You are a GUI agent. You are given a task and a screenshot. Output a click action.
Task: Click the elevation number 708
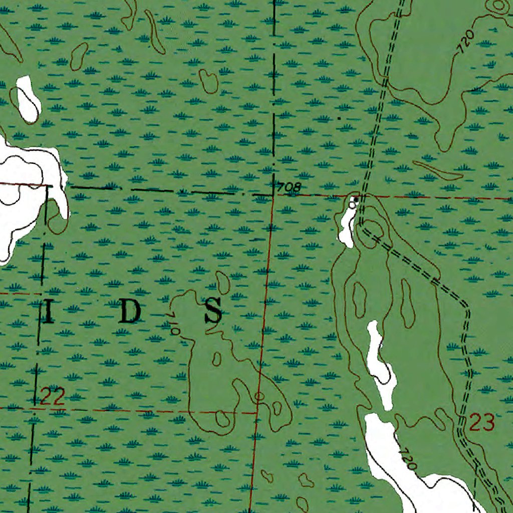pos(289,188)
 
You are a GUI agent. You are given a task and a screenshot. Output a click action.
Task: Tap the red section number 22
pos(52,398)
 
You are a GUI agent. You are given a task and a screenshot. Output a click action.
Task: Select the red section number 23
pos(482,422)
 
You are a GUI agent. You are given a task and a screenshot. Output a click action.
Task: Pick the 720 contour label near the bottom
pos(408,459)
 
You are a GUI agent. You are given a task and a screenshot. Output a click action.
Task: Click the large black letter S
pos(213,311)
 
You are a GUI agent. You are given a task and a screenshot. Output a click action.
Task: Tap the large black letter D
pos(130,312)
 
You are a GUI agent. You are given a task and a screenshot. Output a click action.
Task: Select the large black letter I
pos(49,312)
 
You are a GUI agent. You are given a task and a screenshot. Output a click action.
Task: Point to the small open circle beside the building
pos(352,205)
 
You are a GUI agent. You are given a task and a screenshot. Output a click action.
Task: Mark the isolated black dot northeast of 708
pos(339,119)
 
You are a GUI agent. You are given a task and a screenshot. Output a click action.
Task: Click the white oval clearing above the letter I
pos(28,100)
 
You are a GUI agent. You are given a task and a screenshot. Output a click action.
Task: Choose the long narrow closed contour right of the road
pos(437,170)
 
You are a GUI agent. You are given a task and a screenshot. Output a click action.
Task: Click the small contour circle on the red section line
pos(259,397)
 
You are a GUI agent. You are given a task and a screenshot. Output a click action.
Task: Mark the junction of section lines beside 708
pos(273,194)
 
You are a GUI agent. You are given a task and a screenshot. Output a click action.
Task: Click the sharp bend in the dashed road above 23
pos(468,306)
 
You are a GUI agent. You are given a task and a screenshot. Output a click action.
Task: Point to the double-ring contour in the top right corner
pos(499,6)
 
